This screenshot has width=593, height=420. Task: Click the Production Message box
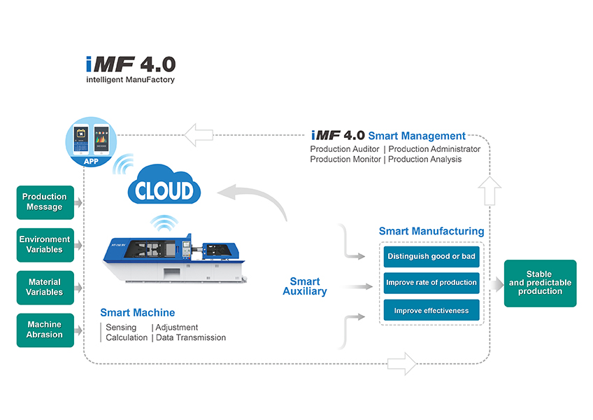(45, 202)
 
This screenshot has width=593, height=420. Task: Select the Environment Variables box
(45, 245)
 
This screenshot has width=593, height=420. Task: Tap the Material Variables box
(45, 288)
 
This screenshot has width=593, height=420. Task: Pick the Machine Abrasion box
(45, 330)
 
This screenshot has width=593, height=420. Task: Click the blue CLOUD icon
(164, 185)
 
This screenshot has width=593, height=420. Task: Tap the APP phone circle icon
(91, 141)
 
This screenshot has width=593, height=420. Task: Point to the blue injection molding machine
(174, 258)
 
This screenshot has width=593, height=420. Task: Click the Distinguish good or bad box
(431, 256)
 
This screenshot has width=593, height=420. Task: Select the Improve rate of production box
(431, 283)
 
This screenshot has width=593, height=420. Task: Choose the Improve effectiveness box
(431, 310)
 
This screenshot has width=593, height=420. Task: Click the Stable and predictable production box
(540, 283)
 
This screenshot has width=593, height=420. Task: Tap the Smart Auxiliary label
(305, 286)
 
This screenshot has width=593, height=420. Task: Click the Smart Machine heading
(138, 312)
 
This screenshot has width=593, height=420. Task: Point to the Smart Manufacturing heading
(431, 231)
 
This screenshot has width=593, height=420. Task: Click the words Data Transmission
(191, 337)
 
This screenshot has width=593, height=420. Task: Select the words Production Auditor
(345, 149)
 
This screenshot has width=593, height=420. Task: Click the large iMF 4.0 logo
(131, 69)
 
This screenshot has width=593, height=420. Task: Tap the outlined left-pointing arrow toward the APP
(198, 135)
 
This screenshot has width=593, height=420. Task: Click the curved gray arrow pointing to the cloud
(252, 199)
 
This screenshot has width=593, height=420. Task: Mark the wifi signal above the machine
(164, 223)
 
